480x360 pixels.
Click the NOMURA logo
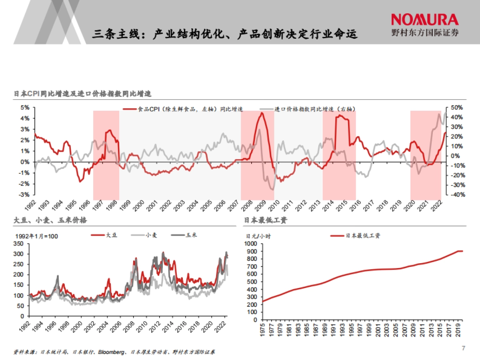424,20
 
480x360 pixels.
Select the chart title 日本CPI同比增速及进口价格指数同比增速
83,94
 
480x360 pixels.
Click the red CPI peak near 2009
262,113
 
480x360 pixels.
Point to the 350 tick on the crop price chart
18,244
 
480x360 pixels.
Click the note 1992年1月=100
36,236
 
